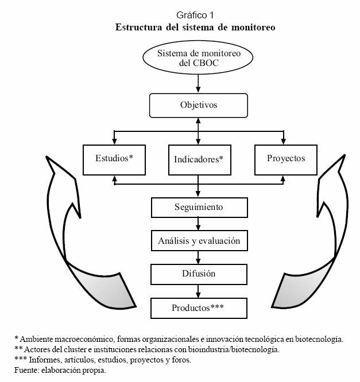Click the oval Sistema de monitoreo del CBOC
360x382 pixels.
pos(198,58)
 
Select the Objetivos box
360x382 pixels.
pos(198,106)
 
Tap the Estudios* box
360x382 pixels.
pos(114,158)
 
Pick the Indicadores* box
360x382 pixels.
pos(198,159)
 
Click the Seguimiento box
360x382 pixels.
pos(199,207)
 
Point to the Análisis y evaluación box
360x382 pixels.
pos(199,241)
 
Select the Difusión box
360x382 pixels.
pos(199,274)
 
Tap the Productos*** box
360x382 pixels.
pos(199,308)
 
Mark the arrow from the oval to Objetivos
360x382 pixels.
pos(198,84)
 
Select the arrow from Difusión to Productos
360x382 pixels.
pos(199,291)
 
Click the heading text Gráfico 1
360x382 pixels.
pos(199,15)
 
